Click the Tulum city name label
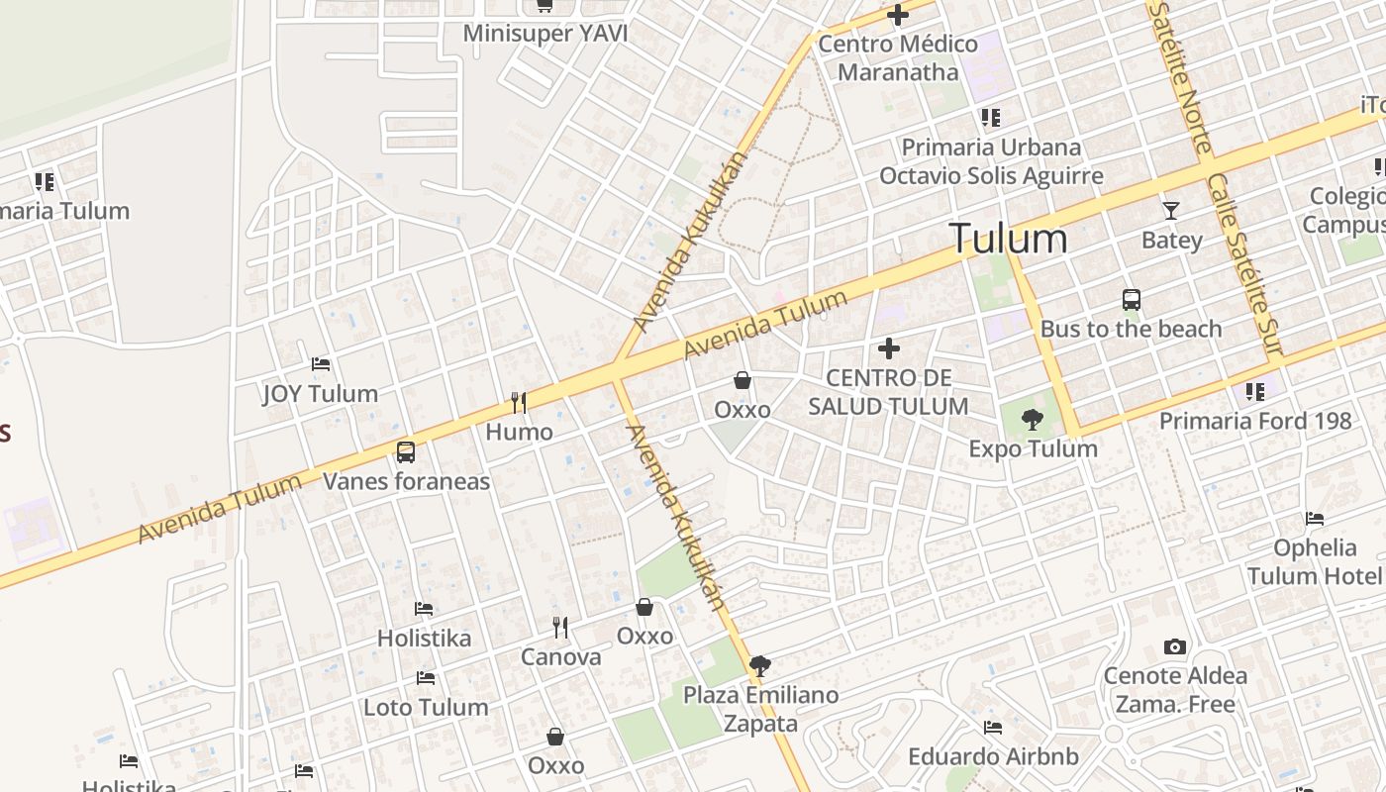1008,239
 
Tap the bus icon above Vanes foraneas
406,452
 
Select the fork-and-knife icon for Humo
518,402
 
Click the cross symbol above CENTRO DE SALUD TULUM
889,348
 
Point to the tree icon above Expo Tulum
1033,420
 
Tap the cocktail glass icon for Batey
1171,210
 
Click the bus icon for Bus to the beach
1132,299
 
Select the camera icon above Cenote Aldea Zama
1175,647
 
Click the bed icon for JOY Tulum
321,364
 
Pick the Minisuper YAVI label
545,34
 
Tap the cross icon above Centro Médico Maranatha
898,16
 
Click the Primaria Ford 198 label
1255,421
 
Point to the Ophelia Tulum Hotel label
1315,561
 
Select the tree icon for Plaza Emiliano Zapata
760,666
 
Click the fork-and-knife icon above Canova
560,628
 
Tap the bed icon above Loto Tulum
426,678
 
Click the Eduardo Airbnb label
993,756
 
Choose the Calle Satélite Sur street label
1244,265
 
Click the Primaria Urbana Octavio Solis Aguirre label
991,161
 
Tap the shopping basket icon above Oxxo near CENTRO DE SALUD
742,380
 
